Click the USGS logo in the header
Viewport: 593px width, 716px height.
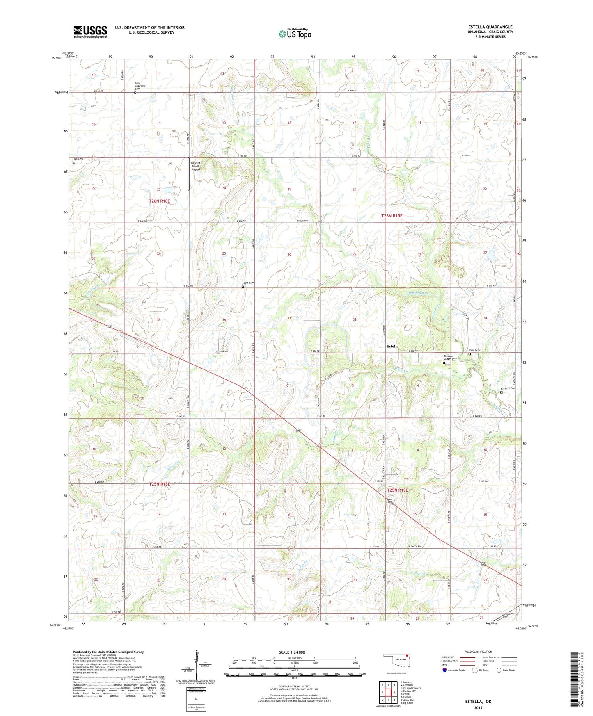pos(90,31)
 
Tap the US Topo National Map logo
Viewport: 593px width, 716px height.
pos(295,34)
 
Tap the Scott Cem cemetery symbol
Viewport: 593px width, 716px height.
pos(243,287)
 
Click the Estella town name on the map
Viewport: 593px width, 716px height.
pos(392,346)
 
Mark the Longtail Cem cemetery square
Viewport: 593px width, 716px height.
pos(501,392)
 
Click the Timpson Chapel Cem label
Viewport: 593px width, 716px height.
pos(450,357)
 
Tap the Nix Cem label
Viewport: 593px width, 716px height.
pos(78,159)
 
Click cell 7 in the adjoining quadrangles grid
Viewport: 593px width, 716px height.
pos(388,700)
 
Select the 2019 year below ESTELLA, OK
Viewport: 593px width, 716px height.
pos(478,707)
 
